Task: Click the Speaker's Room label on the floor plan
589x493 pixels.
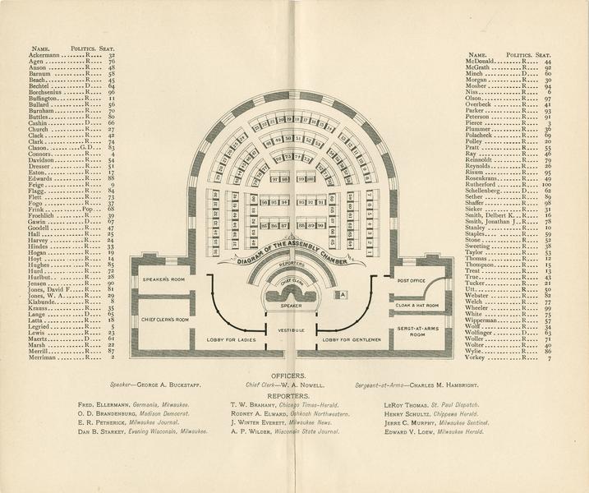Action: [x=160, y=280]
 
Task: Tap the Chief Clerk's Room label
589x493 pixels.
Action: [x=165, y=319]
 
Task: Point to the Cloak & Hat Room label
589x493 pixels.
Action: [x=417, y=305]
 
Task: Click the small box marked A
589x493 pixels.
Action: [x=344, y=293]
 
